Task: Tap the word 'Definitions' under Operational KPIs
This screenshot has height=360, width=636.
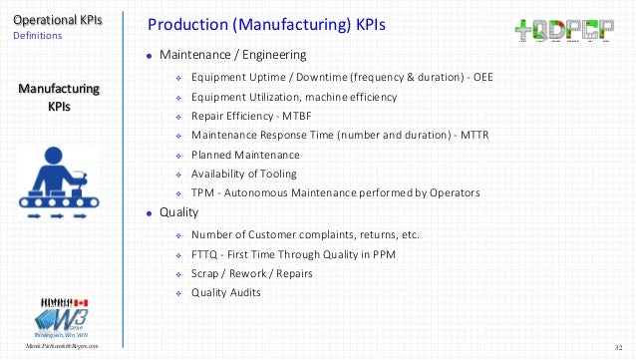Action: coord(37,35)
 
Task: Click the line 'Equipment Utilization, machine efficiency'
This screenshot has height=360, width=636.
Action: coord(293,97)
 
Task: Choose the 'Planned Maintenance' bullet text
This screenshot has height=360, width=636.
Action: coord(244,155)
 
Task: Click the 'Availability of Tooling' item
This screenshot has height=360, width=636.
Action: coord(243,174)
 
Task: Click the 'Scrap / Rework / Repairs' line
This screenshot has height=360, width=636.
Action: coord(250,273)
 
